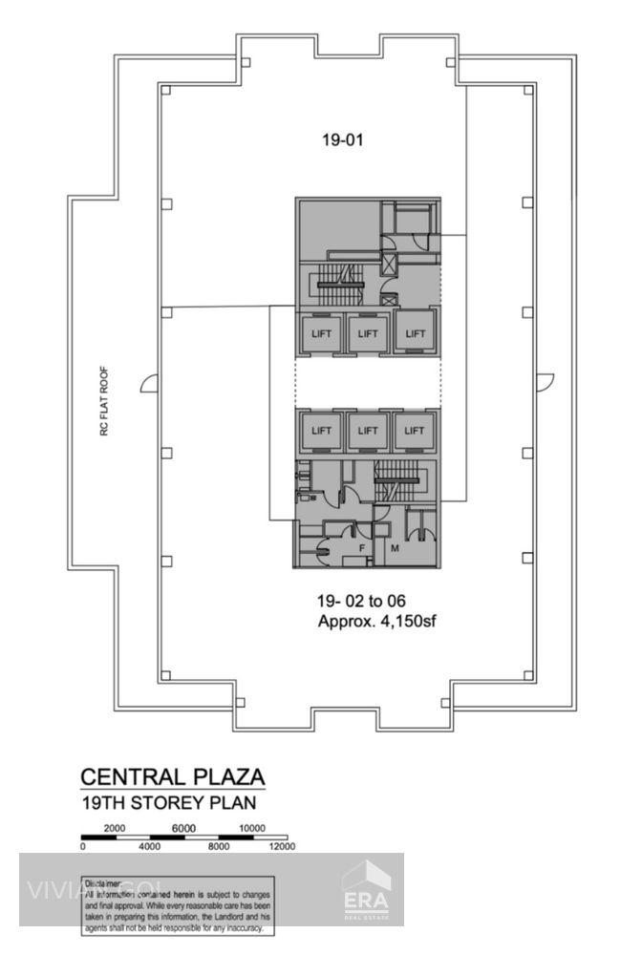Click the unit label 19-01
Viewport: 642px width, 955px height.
[343, 139]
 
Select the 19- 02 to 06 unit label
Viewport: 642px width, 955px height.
[361, 602]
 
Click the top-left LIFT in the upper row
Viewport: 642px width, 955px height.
[321, 333]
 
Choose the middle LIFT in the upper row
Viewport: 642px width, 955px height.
[367, 333]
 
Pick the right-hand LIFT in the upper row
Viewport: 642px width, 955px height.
[414, 333]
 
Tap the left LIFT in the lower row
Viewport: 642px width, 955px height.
[321, 431]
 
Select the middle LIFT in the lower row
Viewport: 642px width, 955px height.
[367, 431]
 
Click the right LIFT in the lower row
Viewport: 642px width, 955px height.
[414, 431]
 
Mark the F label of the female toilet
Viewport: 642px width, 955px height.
[362, 548]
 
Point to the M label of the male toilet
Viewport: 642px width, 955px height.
[395, 548]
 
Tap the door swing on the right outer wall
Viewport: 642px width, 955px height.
[544, 383]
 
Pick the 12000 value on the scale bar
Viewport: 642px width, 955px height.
[282, 846]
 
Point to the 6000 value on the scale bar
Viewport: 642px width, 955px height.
[183, 828]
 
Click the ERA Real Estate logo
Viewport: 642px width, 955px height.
[367, 890]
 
